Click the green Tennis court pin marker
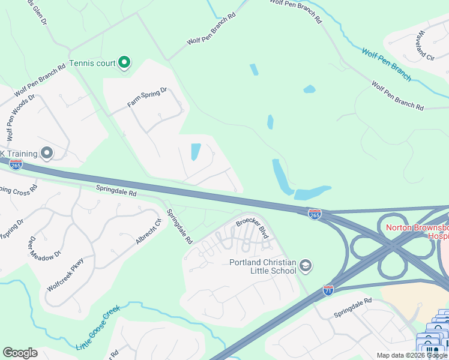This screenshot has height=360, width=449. [x=124, y=62]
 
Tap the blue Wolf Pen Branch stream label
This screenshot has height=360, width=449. [x=386, y=64]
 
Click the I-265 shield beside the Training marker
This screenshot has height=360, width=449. [x=16, y=164]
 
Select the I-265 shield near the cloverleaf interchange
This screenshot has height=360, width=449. [x=315, y=213]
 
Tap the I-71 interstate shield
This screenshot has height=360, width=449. [x=328, y=290]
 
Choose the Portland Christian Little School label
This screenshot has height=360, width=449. [x=263, y=266]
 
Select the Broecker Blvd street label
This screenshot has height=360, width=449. [x=252, y=228]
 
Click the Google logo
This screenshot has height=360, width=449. [x=20, y=353]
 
